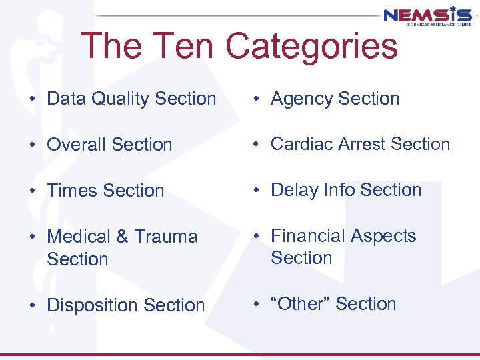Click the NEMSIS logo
(x=427, y=16)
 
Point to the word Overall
(x=77, y=145)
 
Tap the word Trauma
(x=166, y=237)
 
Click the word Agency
(x=301, y=99)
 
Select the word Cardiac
(x=303, y=144)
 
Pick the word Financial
(x=311, y=236)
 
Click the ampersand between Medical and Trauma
(x=123, y=237)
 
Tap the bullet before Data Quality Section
(x=32, y=99)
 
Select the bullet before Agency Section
(x=256, y=99)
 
